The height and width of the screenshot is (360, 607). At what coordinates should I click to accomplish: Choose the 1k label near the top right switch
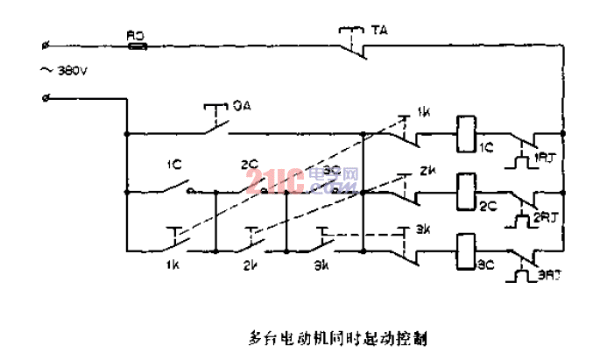425,112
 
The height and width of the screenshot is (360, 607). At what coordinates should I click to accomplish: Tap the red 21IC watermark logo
274,182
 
